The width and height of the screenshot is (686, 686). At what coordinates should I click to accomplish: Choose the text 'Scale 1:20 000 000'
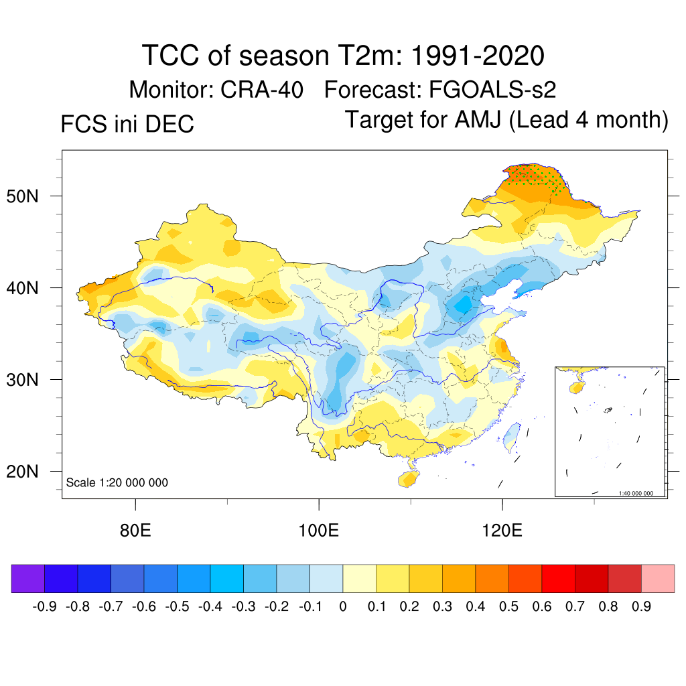[117, 483]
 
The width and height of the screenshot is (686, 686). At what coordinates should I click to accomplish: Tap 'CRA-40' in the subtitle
[263, 89]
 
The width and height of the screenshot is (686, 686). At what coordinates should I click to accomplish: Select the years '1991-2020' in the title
[476, 56]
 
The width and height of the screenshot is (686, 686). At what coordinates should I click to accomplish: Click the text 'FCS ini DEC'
[127, 124]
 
